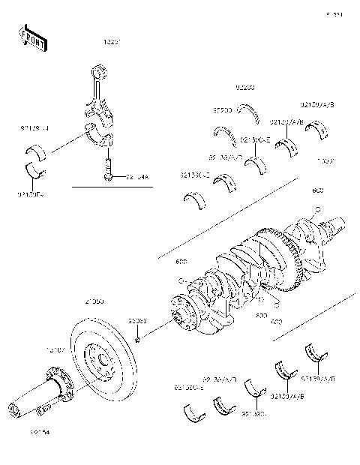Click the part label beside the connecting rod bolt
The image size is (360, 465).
[x=137, y=178]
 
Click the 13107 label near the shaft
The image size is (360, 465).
[x=57, y=349]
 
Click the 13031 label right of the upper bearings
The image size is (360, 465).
[x=325, y=160]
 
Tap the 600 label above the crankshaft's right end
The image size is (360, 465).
[x=317, y=190]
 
